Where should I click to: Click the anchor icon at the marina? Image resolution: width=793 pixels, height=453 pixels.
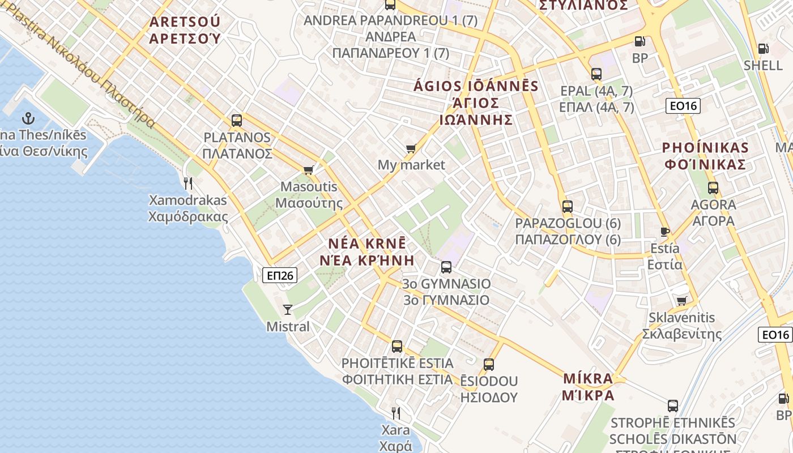click(28, 118)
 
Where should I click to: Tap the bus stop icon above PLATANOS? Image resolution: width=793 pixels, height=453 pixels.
click(237, 121)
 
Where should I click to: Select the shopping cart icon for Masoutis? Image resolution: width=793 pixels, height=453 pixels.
click(309, 170)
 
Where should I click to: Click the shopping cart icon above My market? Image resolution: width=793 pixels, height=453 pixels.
click(411, 148)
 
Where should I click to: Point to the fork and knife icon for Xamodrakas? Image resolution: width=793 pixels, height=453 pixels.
click(188, 183)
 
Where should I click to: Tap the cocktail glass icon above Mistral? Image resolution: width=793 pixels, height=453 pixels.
click(288, 309)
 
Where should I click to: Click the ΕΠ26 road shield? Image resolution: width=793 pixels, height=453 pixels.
click(280, 275)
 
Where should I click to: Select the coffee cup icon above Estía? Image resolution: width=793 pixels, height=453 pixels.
click(664, 231)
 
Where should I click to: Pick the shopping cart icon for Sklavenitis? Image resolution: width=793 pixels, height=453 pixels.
click(681, 301)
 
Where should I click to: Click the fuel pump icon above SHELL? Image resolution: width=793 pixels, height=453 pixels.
click(763, 49)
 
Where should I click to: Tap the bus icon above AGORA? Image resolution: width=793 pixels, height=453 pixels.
click(713, 188)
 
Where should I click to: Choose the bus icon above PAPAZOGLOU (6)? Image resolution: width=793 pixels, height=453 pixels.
click(568, 207)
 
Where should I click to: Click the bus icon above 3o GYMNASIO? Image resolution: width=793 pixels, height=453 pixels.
click(446, 267)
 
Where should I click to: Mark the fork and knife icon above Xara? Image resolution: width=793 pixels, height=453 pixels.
click(396, 413)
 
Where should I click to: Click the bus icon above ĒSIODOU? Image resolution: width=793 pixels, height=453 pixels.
click(489, 364)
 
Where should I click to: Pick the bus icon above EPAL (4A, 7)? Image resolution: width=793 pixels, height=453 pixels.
click(596, 74)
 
